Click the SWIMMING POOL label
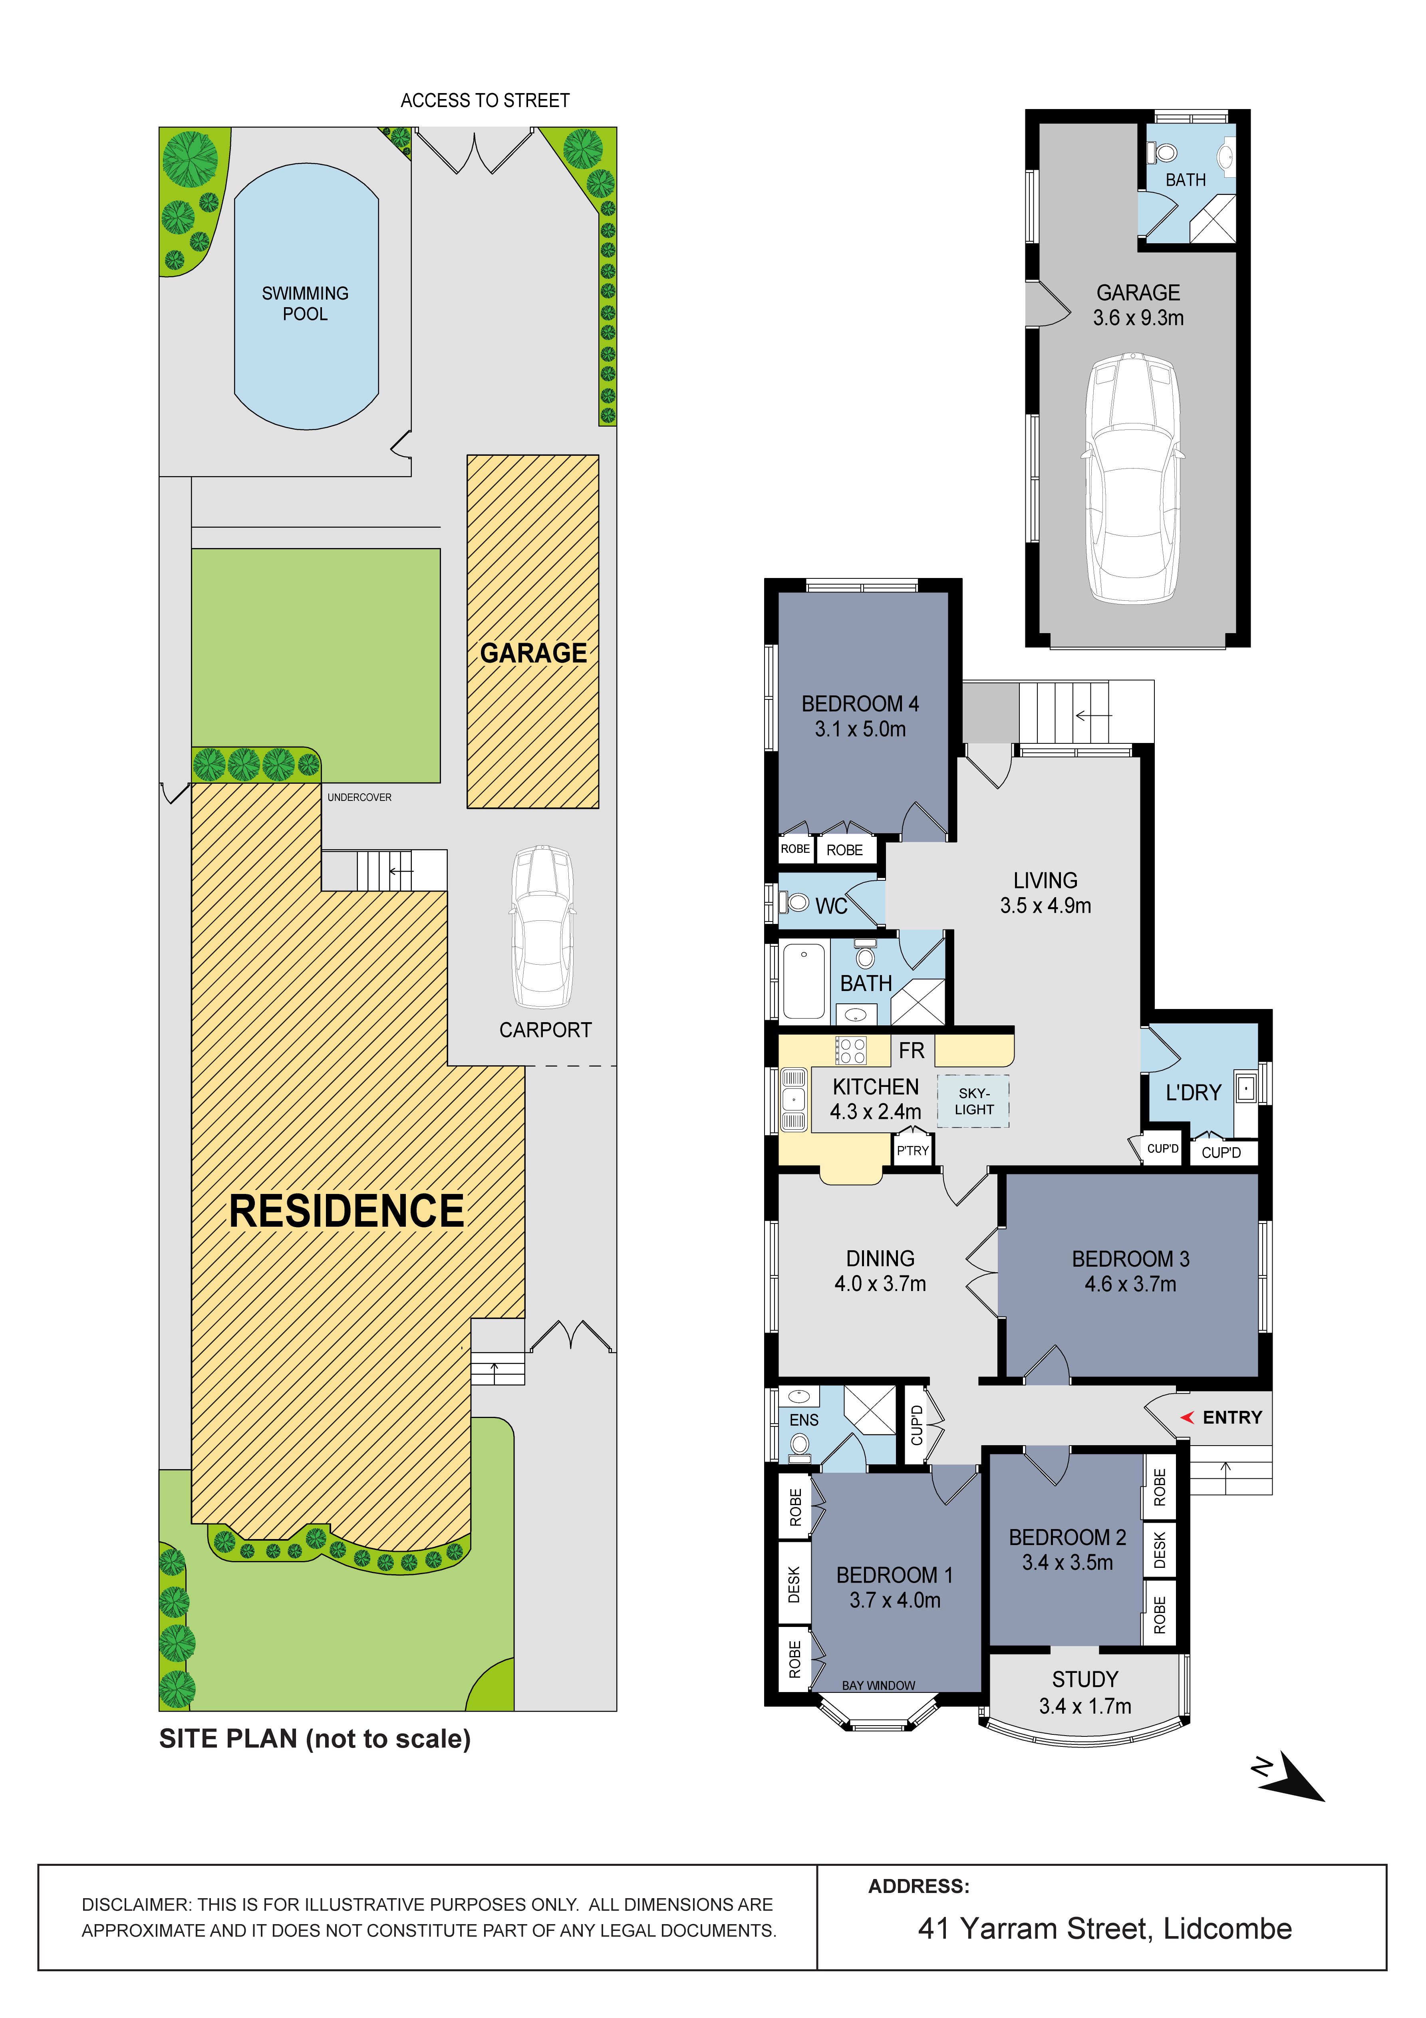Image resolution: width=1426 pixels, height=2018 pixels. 305,303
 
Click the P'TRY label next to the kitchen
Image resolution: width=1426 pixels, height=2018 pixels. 913,1150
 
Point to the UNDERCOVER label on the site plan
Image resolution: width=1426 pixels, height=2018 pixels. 359,797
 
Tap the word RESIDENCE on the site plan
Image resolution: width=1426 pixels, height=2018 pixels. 346,1211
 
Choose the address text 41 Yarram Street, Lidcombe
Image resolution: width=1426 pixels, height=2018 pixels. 1105,1929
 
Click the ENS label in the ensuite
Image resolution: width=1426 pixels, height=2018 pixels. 804,1420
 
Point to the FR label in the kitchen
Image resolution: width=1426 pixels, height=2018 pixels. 912,1050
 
